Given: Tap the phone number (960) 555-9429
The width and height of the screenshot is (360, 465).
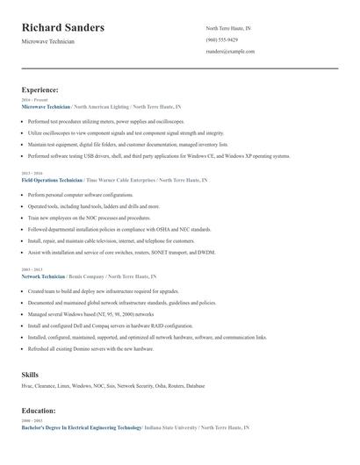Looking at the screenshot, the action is pyautogui.click(x=221, y=40).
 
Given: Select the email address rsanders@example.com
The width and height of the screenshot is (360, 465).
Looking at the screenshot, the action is pyautogui.click(x=230, y=52).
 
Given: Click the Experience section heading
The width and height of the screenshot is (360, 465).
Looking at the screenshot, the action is pyautogui.click(x=40, y=89).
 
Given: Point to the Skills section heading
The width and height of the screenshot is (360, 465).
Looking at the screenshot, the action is pyautogui.click(x=30, y=375).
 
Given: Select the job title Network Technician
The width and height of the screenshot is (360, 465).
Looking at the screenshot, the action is pyautogui.click(x=43, y=275).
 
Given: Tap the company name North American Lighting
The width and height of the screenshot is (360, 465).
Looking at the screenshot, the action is pyautogui.click(x=101, y=105).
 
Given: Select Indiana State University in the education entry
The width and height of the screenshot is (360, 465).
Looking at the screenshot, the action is pyautogui.click(x=170, y=427).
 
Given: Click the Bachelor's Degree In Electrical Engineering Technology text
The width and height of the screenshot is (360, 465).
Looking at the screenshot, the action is pyautogui.click(x=81, y=427).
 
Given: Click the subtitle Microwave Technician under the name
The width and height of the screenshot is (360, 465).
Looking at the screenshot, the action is pyautogui.click(x=47, y=41).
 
